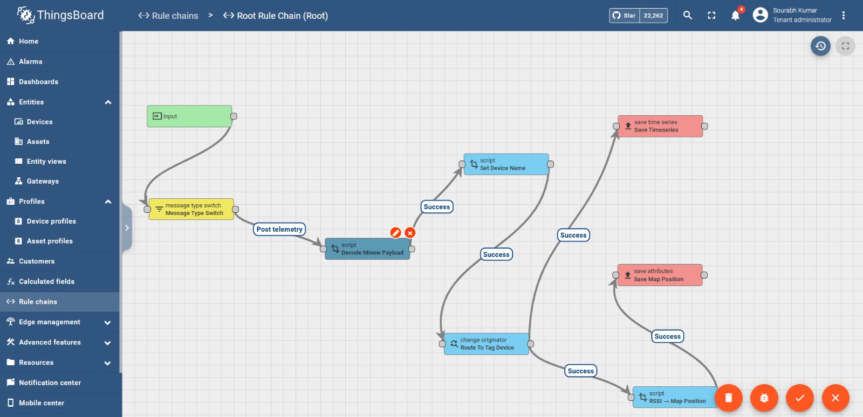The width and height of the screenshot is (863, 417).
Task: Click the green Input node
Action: click(189, 116)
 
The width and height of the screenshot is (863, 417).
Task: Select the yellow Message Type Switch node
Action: click(191, 209)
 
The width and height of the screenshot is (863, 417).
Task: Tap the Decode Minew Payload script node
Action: click(367, 249)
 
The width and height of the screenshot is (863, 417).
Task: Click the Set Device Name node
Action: click(506, 164)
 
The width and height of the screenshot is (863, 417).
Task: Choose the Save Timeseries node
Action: click(660, 126)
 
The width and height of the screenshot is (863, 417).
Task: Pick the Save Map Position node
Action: click(660, 275)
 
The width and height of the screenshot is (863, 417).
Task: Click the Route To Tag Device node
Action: click(486, 344)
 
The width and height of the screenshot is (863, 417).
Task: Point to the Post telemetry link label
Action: click(279, 230)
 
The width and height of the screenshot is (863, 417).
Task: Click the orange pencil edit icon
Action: click(396, 233)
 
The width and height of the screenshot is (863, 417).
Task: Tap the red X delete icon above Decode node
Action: click(410, 233)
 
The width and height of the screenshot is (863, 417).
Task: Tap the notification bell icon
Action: click(736, 16)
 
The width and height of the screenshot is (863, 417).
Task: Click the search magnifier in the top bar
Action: click(688, 16)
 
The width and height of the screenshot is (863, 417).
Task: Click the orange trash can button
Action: click(729, 398)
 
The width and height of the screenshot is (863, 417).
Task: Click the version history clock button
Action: click(820, 46)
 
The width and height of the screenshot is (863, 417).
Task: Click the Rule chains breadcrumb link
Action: click(168, 16)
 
